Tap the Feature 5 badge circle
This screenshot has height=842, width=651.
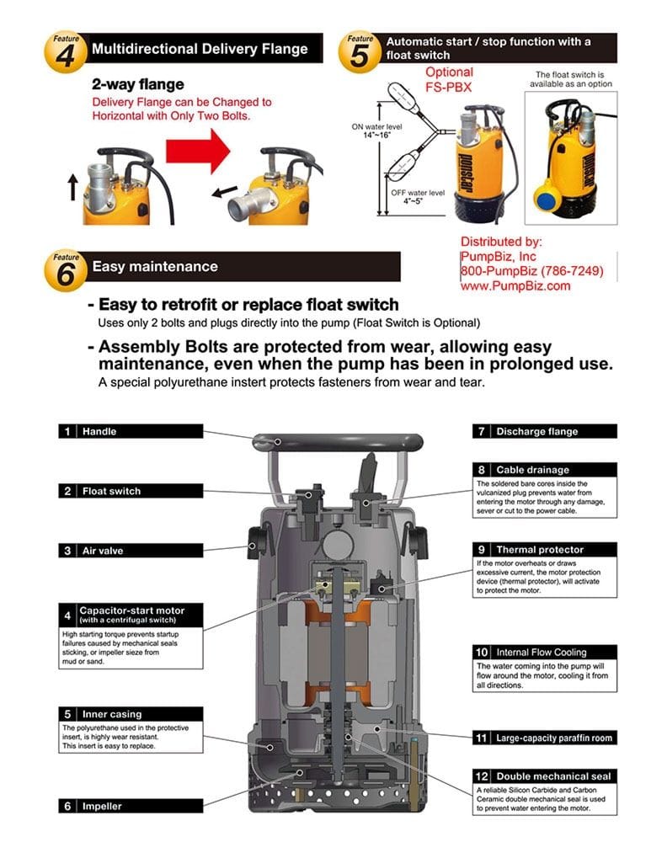tap(360, 51)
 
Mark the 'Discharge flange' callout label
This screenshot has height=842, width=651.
tap(544, 431)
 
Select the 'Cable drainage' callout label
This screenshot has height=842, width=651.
tap(544, 470)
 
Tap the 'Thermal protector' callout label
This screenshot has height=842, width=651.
tap(544, 550)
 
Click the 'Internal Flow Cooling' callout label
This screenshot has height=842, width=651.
tap(544, 653)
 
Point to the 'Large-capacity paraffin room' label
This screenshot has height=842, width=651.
tap(544, 738)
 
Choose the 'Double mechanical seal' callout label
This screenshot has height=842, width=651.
tap(544, 776)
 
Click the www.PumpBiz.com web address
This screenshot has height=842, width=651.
tap(515, 285)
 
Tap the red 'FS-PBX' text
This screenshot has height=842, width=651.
tap(449, 87)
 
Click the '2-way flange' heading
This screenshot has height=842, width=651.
tap(137, 84)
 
